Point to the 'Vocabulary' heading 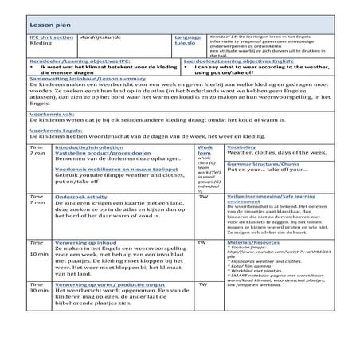[x=241, y=147]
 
